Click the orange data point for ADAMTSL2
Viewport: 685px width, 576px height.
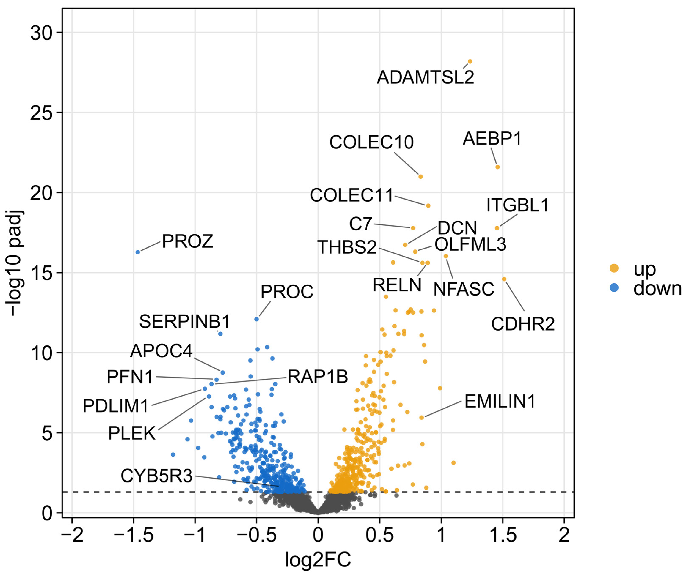pyautogui.click(x=470, y=61)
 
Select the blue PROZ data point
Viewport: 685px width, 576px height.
pyautogui.click(x=138, y=252)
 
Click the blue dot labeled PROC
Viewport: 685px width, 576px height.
pyautogui.click(x=257, y=319)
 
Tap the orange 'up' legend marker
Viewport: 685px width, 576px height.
pyautogui.click(x=614, y=268)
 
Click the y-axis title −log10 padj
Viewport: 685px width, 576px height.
pyautogui.click(x=15, y=263)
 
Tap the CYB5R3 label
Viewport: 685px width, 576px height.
pyautogui.click(x=157, y=476)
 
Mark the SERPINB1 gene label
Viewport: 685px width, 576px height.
pyautogui.click(x=185, y=322)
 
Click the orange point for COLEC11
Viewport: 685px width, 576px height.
pyautogui.click(x=428, y=206)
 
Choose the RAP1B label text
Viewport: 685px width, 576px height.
pyautogui.click(x=318, y=377)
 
